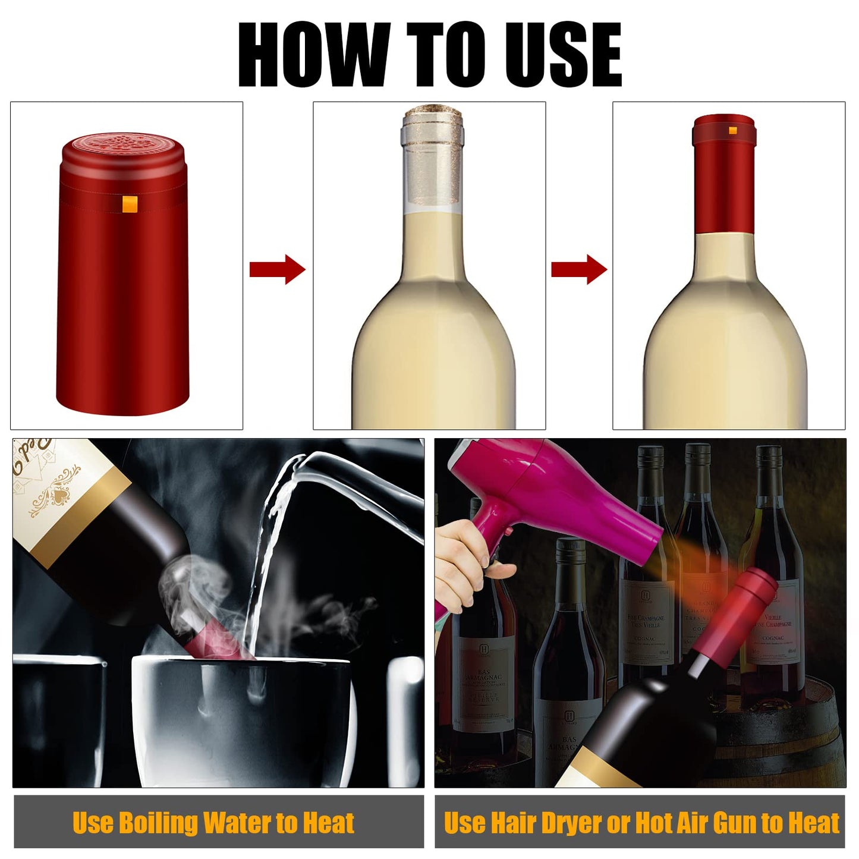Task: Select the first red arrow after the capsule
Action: pos(277,269)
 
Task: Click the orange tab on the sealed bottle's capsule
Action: pos(733,130)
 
